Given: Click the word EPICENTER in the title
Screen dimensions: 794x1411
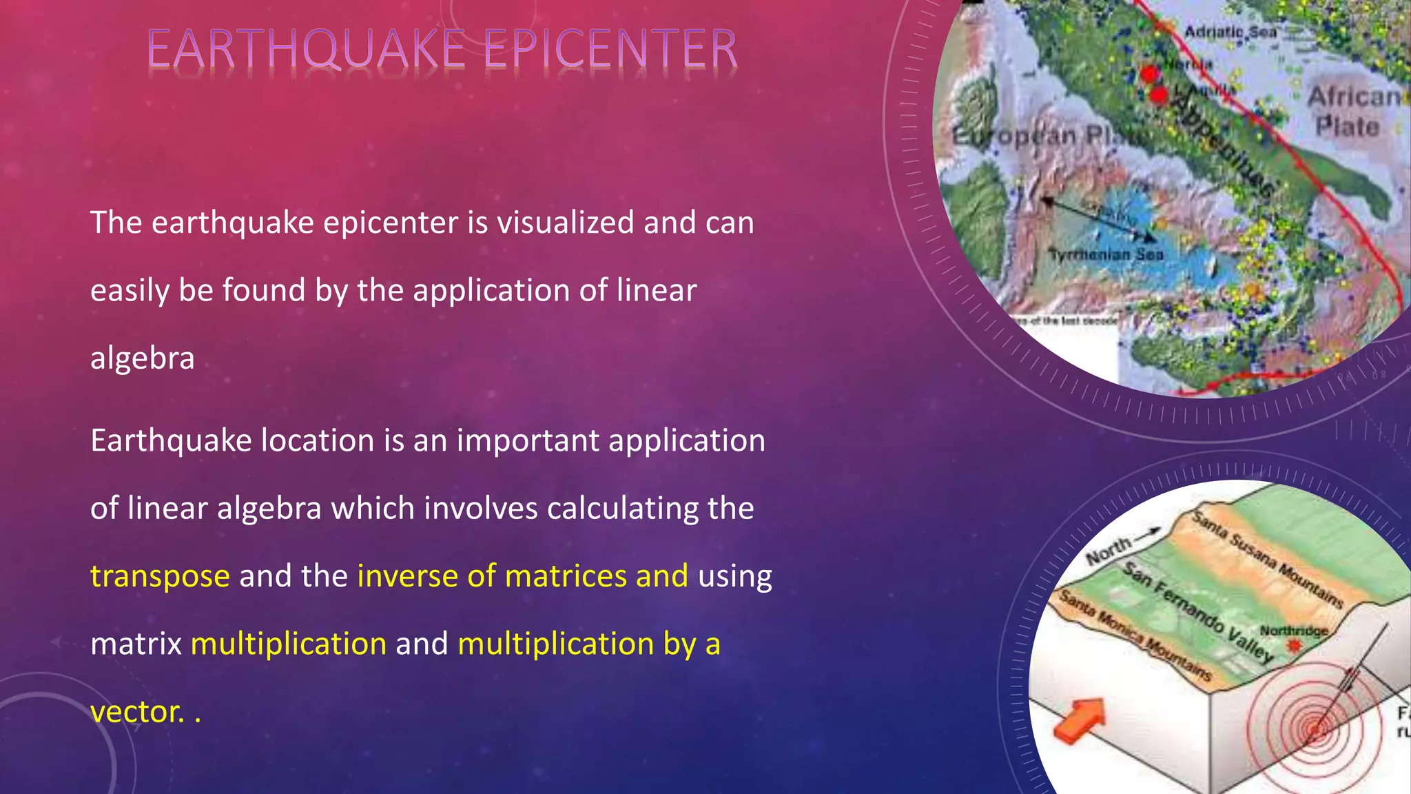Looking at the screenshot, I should coord(610,50).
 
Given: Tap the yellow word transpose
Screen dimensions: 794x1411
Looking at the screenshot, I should coord(160,576).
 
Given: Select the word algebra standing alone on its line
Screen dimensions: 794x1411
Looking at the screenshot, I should coord(143,358).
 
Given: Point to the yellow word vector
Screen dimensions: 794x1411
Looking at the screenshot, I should coord(137,712).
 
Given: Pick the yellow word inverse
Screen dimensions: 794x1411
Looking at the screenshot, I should coord(407,576).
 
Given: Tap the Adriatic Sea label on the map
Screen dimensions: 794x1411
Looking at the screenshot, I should coord(1230,32).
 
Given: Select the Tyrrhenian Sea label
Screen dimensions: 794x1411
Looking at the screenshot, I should coord(1106,254).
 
